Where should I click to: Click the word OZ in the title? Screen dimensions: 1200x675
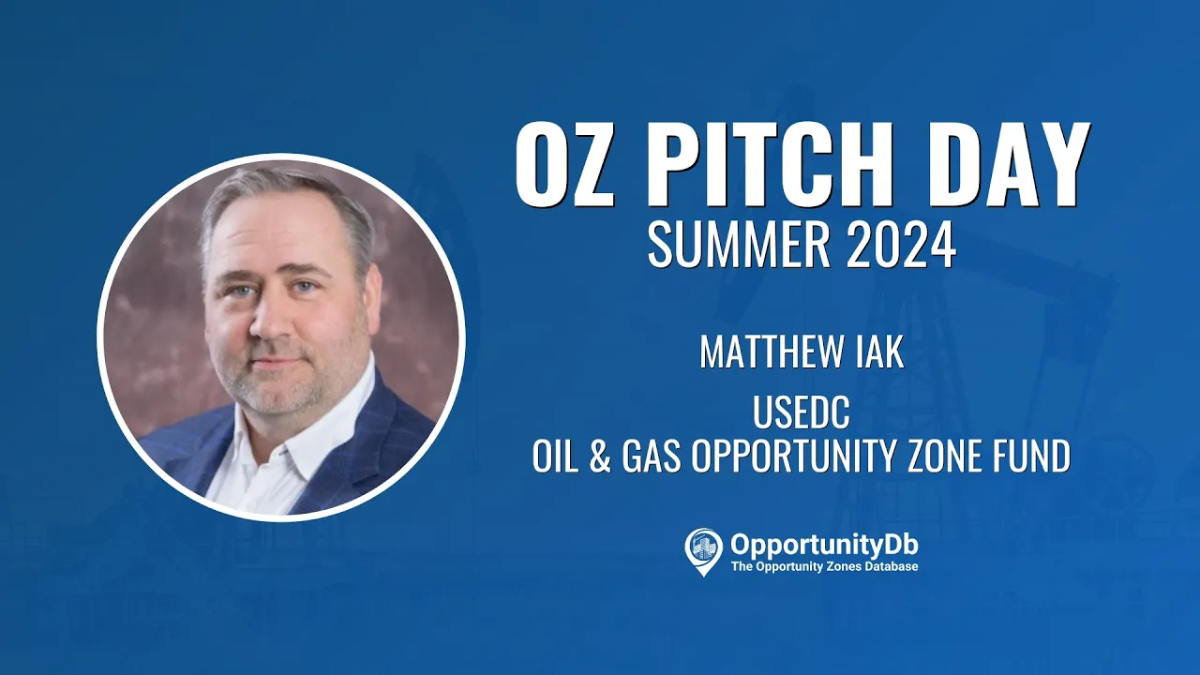pos(564,163)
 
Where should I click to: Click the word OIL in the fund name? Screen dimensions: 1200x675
pos(556,456)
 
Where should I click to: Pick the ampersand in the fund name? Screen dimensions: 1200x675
pos(600,456)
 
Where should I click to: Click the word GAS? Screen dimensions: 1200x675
pos(651,456)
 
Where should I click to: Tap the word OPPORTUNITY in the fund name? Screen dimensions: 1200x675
pos(793,456)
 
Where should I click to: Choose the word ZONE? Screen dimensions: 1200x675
pos(944,456)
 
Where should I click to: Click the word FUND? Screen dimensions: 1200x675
pos(1032,456)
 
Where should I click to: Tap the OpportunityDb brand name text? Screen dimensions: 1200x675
pos(824,546)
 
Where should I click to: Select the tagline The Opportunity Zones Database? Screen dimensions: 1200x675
pos(824,566)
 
